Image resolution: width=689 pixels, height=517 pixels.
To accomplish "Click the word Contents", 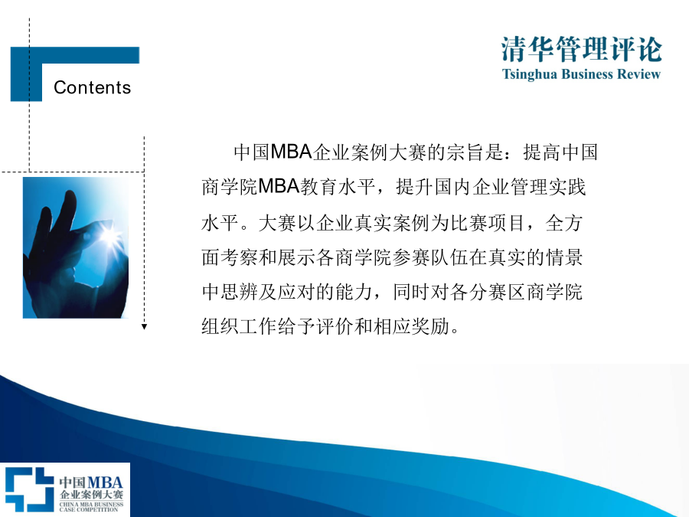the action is coord(93,87).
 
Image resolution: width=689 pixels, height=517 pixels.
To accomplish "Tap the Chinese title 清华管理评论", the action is coord(581,49).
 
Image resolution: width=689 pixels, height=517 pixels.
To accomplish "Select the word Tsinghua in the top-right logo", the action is coord(530,74).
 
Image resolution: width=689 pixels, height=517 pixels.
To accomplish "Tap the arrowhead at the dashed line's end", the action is coord(144,326).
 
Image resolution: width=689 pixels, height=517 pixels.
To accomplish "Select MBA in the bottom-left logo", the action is coord(105,483).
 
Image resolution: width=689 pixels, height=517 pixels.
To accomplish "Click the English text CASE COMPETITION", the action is coord(89,509).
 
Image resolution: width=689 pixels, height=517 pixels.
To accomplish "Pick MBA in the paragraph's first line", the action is coord(291,152).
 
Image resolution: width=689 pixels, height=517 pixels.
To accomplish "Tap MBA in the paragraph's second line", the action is coord(279,187).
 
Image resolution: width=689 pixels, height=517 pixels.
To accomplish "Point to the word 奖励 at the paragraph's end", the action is coord(430,326).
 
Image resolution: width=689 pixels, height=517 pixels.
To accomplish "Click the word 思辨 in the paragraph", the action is coord(240,292).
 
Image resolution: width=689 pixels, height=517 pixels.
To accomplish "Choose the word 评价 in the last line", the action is coord(335,326).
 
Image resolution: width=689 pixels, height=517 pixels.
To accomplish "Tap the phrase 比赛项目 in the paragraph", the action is coord(487,223).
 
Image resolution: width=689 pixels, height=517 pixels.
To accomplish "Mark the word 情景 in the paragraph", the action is coord(564,257).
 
